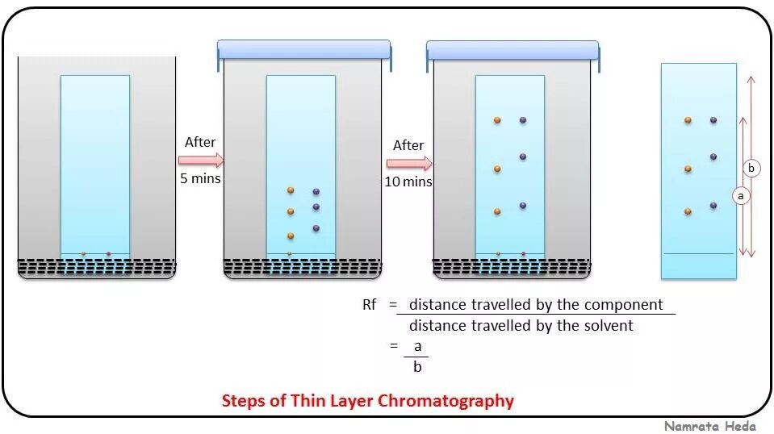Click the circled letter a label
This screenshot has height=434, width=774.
point(740,194)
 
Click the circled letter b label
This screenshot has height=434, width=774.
point(751,168)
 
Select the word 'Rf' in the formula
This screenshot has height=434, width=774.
point(370,305)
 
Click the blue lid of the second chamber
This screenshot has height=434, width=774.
point(303,50)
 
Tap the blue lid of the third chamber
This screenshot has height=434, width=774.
point(513,50)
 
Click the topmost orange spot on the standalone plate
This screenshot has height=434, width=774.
point(688,120)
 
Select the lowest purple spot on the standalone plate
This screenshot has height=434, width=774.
point(713,206)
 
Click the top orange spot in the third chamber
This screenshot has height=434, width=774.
point(497,120)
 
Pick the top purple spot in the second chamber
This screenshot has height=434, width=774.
point(316,191)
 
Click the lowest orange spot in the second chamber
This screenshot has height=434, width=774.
point(291,236)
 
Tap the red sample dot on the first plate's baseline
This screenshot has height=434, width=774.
point(108,254)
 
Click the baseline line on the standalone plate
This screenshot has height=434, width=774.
point(698,254)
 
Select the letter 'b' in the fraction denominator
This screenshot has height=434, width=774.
point(417,366)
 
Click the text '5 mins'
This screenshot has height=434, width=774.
point(200,178)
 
